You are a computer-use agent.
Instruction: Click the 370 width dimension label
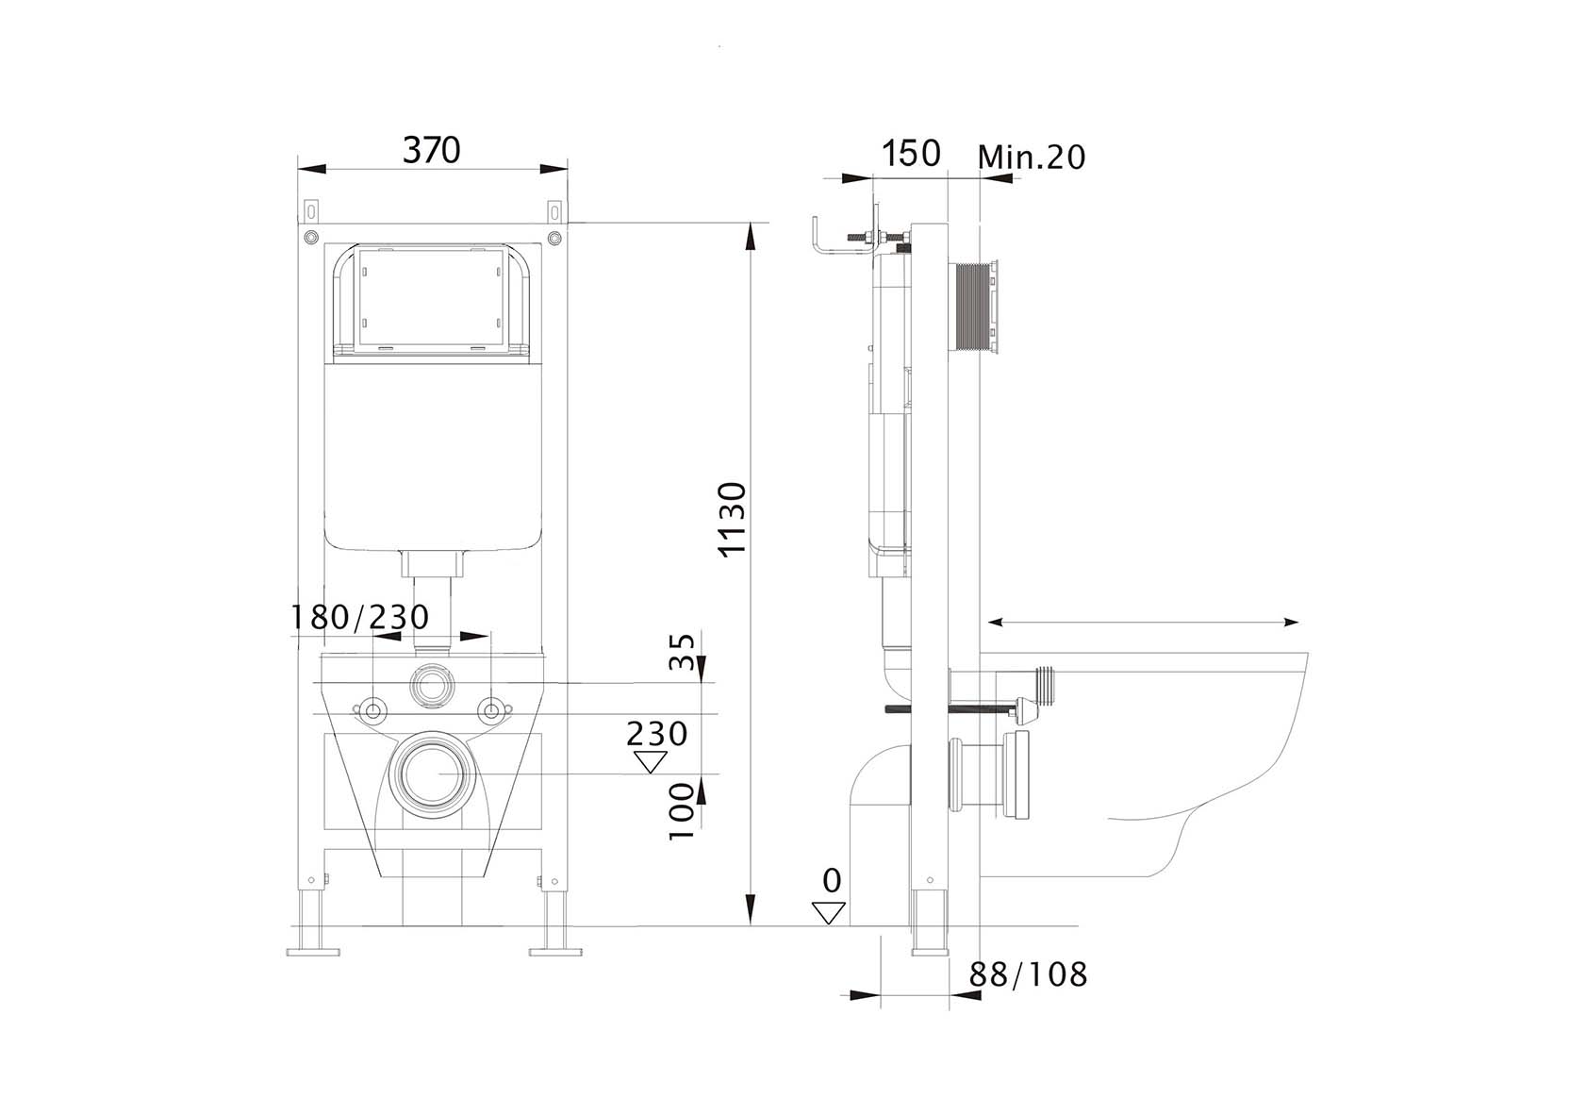(x=431, y=149)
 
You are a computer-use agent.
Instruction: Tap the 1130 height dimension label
(x=733, y=520)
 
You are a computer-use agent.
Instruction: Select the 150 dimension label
(x=911, y=153)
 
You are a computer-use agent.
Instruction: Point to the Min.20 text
(x=1031, y=157)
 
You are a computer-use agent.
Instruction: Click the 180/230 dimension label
(x=359, y=617)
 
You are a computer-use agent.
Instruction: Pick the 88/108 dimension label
(x=1028, y=973)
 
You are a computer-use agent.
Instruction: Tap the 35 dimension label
(x=681, y=652)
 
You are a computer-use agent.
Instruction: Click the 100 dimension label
(x=681, y=811)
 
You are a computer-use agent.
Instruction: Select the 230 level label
(x=656, y=734)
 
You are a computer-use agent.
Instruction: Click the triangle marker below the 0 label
(x=829, y=913)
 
